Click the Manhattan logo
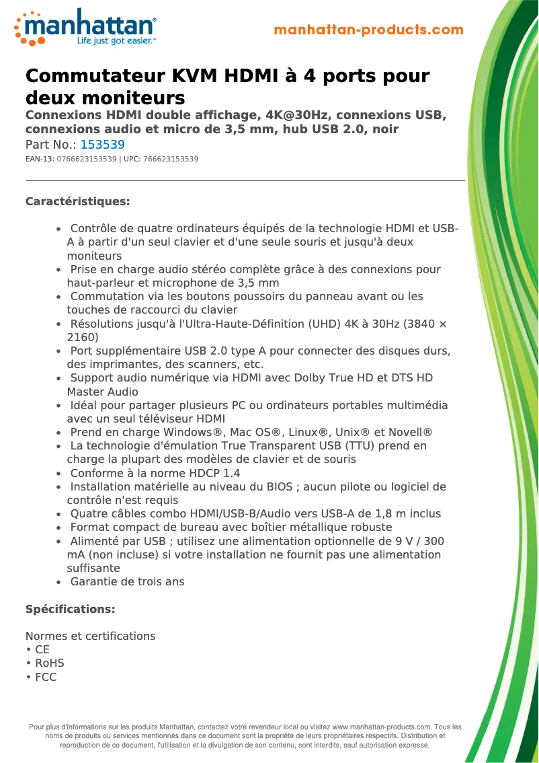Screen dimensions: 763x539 pos(86,26)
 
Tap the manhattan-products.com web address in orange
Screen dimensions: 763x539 pos(368,30)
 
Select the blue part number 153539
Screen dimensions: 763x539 pos(102,145)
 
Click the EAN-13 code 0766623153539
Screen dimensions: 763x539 pos(87,159)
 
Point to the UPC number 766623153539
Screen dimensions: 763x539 pos(171,159)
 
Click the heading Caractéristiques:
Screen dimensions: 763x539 pos(77,201)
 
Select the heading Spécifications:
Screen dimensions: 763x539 pos(70,609)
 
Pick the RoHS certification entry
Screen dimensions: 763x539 pos(49,663)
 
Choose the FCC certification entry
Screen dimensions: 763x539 pos(46,677)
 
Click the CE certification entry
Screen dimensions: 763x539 pos(42,650)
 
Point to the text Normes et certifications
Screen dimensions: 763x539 pos(90,636)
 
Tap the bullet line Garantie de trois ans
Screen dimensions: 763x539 pos(127,581)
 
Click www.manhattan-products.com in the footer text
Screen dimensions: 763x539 pos(381,727)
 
